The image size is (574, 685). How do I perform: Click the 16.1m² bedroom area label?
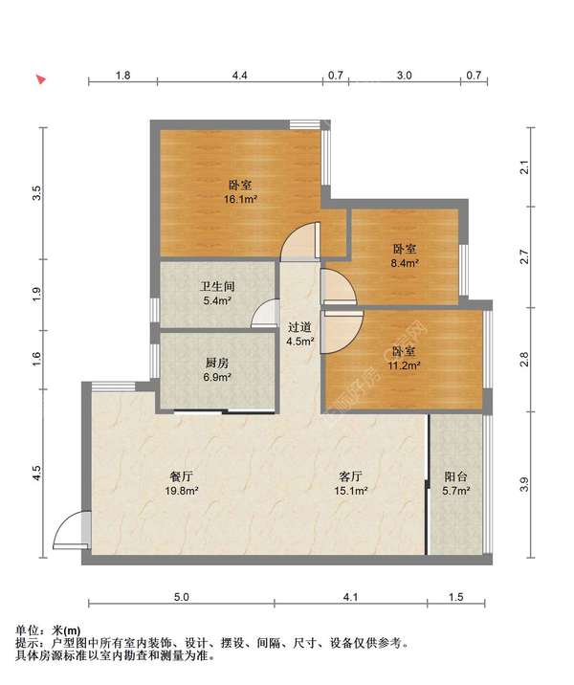pyautogui.click(x=240, y=200)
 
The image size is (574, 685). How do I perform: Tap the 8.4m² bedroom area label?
pyautogui.click(x=405, y=263)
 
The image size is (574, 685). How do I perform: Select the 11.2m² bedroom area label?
pyautogui.click(x=404, y=365)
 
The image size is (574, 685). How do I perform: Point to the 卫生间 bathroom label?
pyautogui.click(x=217, y=287)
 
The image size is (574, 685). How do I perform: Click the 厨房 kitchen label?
pyautogui.click(x=217, y=363)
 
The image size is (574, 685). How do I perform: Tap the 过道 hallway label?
pyautogui.click(x=299, y=327)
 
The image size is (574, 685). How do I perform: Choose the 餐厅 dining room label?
pyautogui.click(x=181, y=476)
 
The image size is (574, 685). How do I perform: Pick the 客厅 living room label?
pyautogui.click(x=350, y=476)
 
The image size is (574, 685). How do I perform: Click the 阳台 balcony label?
pyautogui.click(x=455, y=476)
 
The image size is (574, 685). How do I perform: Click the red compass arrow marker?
pyautogui.click(x=41, y=79)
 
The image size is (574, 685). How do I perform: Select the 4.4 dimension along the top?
pyautogui.click(x=239, y=76)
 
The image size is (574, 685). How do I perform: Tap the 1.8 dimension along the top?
pyautogui.click(x=122, y=76)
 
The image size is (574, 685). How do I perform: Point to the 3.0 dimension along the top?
pyautogui.click(x=404, y=76)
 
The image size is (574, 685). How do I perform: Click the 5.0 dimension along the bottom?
pyautogui.click(x=181, y=597)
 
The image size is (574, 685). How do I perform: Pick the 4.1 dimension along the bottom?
pyautogui.click(x=350, y=597)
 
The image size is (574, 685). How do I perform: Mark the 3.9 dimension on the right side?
pyautogui.click(x=524, y=484)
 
